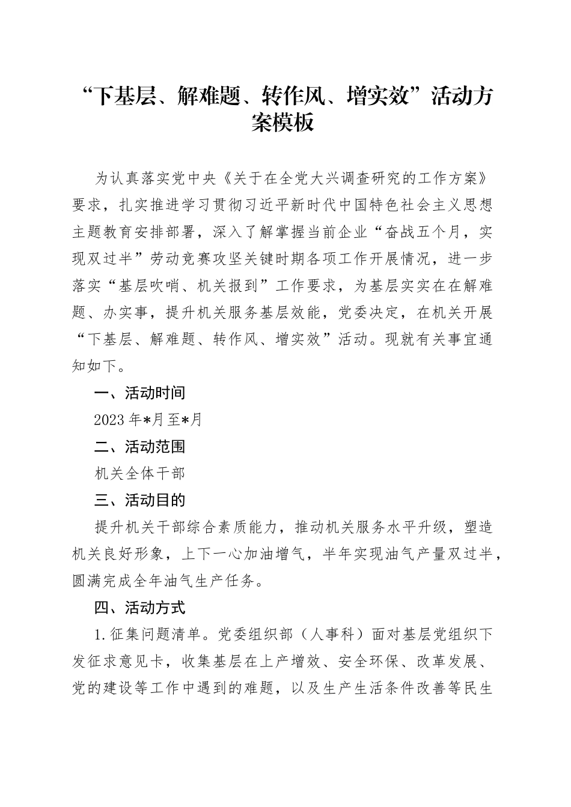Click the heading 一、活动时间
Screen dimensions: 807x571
[139, 393]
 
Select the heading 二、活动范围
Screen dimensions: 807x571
[139, 447]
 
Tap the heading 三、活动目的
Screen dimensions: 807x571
[139, 500]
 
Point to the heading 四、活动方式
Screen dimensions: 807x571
[139, 608]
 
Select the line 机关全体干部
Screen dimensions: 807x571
[139, 474]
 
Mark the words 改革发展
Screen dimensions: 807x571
[447, 662]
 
